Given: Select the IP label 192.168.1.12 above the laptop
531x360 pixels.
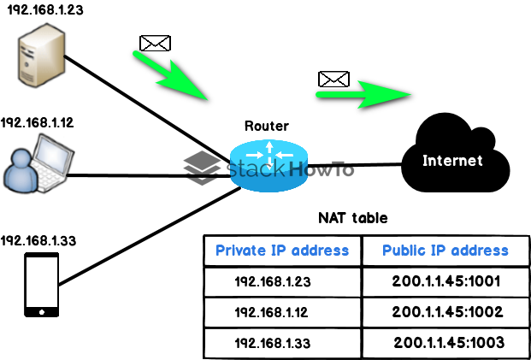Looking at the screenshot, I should pos(38,123).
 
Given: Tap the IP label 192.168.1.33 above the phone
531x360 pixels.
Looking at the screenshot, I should pos(38,241).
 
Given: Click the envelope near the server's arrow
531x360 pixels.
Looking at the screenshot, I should pos(155,42).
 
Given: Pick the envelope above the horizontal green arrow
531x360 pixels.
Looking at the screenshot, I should pos(334,79).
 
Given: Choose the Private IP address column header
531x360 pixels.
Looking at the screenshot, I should pos(282,251).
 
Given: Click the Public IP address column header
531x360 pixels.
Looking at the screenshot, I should pos(445,251).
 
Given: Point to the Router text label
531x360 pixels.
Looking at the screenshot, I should pos(266,126).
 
